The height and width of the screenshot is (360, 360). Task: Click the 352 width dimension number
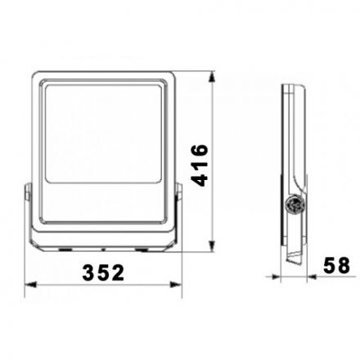pyautogui.click(x=103, y=272)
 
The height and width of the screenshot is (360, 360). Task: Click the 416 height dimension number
pyautogui.click(x=200, y=165)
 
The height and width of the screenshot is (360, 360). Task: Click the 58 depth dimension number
pyautogui.click(x=336, y=265)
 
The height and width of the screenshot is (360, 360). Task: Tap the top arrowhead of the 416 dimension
pyautogui.click(x=212, y=77)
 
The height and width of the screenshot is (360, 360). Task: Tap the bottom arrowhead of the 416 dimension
pyautogui.click(x=212, y=245)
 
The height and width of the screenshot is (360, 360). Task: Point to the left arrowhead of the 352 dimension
pyautogui.click(x=30, y=285)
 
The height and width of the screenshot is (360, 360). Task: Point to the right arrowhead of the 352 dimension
pyautogui.click(x=176, y=285)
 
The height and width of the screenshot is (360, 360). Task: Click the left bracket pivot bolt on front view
pyautogui.click(x=28, y=192)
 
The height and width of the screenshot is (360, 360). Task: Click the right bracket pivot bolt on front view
pyautogui.click(x=178, y=192)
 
